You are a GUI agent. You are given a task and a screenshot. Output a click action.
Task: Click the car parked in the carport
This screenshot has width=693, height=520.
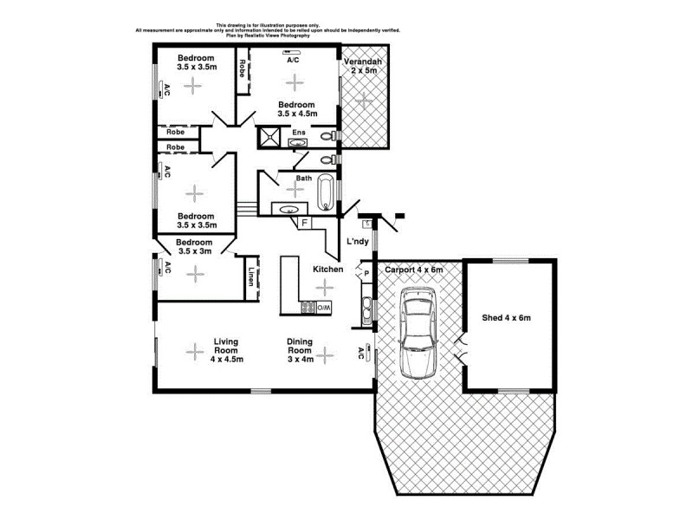pyautogui.click(x=418, y=334)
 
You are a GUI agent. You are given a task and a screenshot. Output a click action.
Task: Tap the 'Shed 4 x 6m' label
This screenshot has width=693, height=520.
pyautogui.click(x=507, y=318)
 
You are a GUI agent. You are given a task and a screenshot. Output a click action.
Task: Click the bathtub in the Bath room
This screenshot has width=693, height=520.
pyautogui.click(x=326, y=193)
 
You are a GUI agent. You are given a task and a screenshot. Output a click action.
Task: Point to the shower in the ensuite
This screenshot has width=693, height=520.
pyautogui.click(x=269, y=137)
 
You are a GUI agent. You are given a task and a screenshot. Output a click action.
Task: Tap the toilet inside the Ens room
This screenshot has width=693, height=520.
pyautogui.click(x=327, y=137)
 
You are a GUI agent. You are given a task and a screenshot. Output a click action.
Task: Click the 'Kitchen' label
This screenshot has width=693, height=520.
pyautogui.click(x=328, y=270)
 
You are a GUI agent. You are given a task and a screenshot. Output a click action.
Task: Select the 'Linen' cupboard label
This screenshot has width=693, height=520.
pyautogui.click(x=251, y=277)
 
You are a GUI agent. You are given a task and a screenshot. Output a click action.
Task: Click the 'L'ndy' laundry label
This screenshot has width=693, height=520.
pyautogui.click(x=358, y=241)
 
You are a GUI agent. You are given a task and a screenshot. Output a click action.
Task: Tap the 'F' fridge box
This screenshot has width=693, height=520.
pyautogui.click(x=305, y=223)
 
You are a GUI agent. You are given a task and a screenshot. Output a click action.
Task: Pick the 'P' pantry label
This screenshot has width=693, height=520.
pyautogui.click(x=367, y=274)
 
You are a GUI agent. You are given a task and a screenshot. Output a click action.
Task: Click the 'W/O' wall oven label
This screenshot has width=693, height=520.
pyautogui.click(x=323, y=308)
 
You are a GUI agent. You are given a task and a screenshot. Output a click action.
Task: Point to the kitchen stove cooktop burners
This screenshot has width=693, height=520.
pyautogui.click(x=307, y=307)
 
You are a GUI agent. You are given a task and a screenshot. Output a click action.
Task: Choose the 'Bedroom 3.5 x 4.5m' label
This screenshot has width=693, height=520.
pyautogui.click(x=296, y=108)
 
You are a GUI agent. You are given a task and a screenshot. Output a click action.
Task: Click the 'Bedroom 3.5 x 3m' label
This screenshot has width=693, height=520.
pyautogui.click(x=195, y=247)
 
